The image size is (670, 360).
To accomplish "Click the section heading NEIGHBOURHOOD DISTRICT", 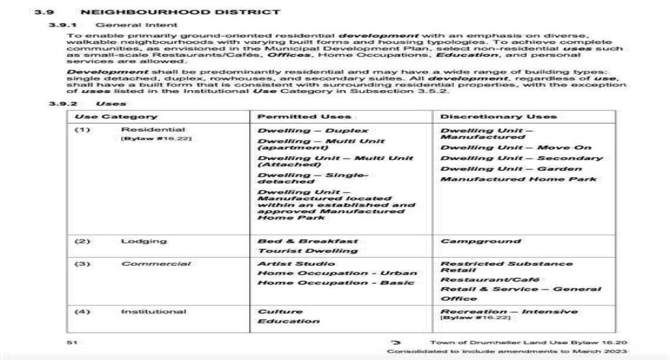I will pyautogui.click(x=181, y=12).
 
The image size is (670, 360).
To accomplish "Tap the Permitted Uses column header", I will pyautogui.click(x=304, y=116).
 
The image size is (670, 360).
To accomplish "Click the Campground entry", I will pyautogui.click(x=480, y=241).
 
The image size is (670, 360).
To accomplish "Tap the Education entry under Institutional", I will pyautogui.click(x=288, y=321).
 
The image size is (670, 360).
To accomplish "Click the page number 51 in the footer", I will pyautogui.click(x=71, y=342).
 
